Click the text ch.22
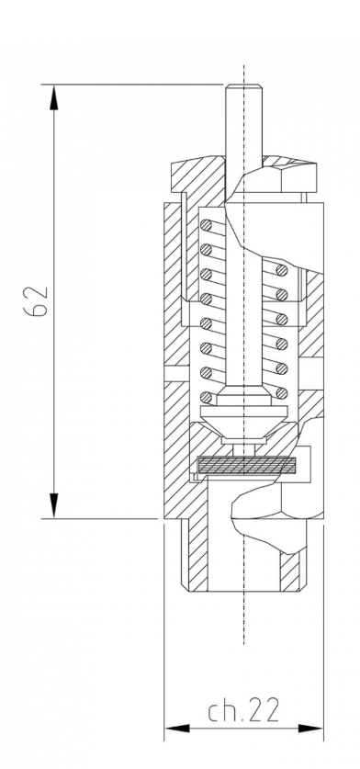(243, 710)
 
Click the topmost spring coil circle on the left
(207, 226)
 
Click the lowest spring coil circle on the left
(207, 397)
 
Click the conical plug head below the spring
(243, 419)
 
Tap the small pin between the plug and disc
(243, 447)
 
